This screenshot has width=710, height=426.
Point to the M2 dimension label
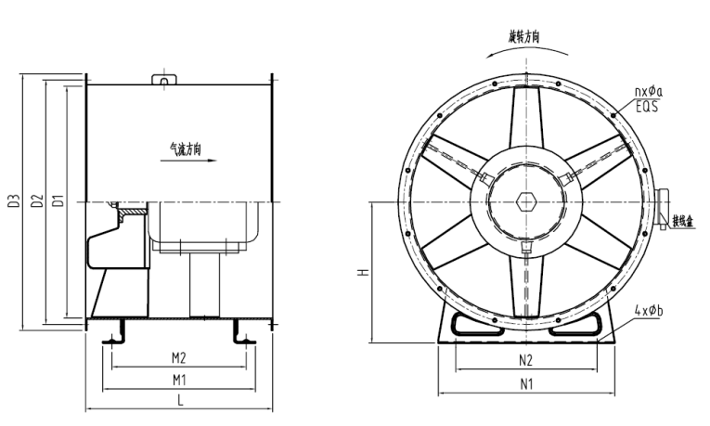pos(178,357)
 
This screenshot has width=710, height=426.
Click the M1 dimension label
pos(178,380)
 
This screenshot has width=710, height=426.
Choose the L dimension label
pos(179,401)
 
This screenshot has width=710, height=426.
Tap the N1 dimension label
pos(525,382)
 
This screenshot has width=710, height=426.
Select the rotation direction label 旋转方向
pos(524,37)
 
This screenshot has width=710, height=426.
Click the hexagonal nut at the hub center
pos(525,201)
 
